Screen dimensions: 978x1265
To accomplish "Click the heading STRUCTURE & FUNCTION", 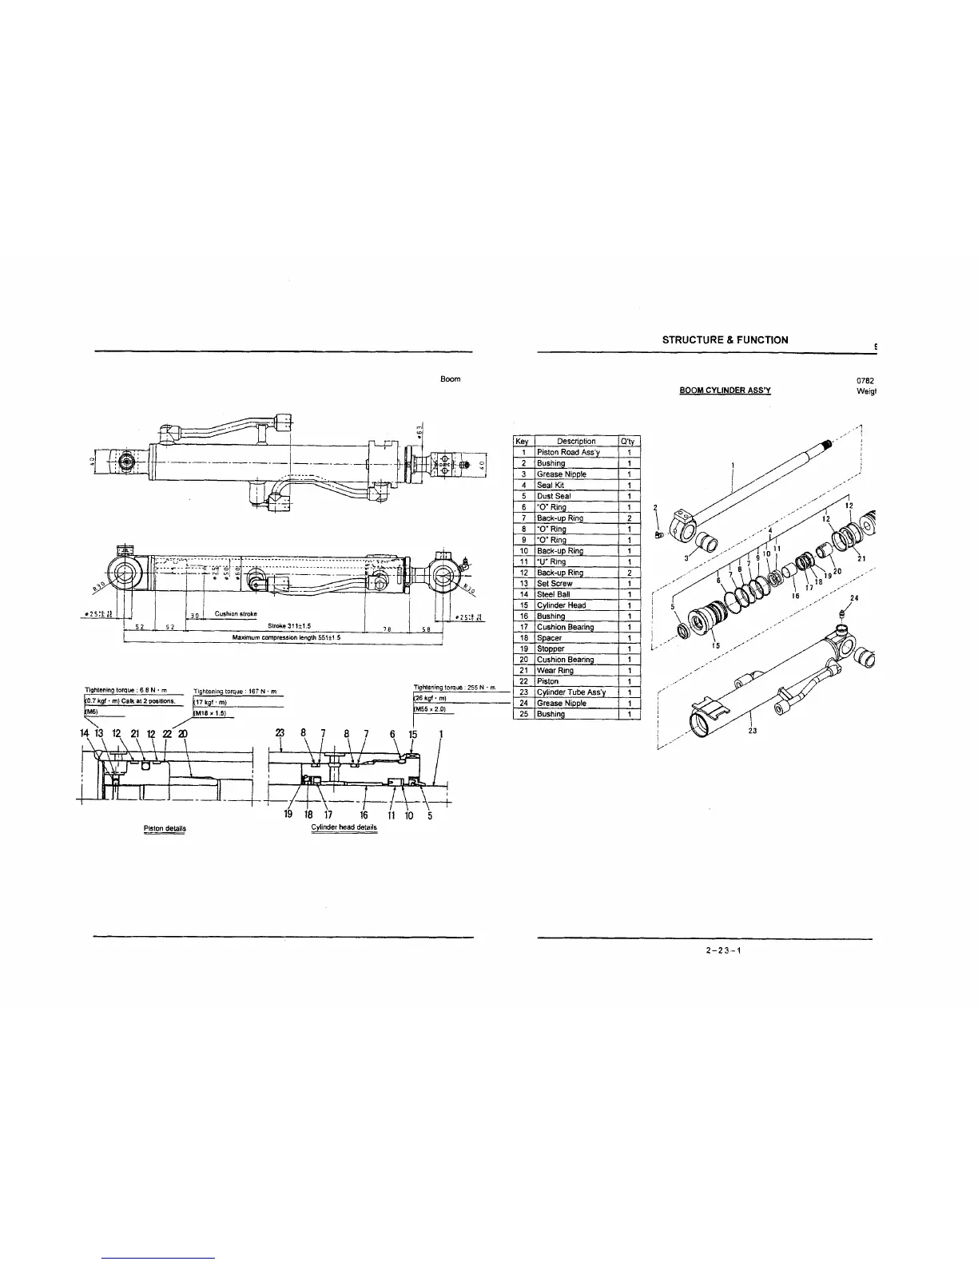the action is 725,340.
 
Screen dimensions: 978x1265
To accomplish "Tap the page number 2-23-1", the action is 725,950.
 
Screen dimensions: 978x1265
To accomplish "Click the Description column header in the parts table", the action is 575,442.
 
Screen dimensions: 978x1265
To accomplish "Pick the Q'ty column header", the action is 629,442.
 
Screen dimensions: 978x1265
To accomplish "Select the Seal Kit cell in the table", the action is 551,485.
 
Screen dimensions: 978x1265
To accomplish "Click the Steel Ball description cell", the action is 553,594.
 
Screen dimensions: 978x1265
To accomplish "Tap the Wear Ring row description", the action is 555,671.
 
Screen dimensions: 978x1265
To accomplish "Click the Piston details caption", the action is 165,828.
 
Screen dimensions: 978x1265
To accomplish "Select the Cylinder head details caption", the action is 344,827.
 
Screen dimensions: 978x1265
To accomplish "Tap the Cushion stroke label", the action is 235,613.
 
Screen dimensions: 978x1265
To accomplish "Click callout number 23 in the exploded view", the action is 752,729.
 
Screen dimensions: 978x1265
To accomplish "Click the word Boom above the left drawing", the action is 450,379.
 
